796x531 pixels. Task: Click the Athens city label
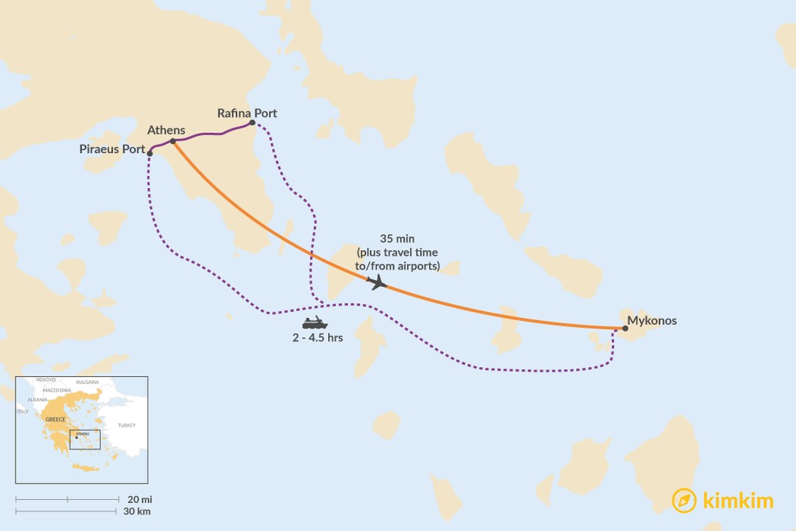[166, 130]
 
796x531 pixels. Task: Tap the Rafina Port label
[247, 114]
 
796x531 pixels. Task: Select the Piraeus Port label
[113, 149]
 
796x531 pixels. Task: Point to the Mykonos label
[652, 320]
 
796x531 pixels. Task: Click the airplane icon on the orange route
[378, 282]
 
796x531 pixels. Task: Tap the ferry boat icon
[315, 323]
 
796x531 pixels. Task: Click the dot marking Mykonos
[625, 329]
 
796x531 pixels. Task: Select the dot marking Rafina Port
[252, 123]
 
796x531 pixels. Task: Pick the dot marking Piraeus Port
[149, 153]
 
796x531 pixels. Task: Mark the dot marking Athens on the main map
[173, 141]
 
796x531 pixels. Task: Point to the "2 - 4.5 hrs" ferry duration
[316, 338]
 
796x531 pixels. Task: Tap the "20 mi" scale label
[133, 498]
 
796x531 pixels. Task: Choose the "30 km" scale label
[136, 512]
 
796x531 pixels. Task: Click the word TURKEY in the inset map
[126, 425]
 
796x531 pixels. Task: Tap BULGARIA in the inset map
[87, 382]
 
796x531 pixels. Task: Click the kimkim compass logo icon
[684, 501]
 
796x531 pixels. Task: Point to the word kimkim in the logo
[738, 501]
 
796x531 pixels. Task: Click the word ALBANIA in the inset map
[38, 399]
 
